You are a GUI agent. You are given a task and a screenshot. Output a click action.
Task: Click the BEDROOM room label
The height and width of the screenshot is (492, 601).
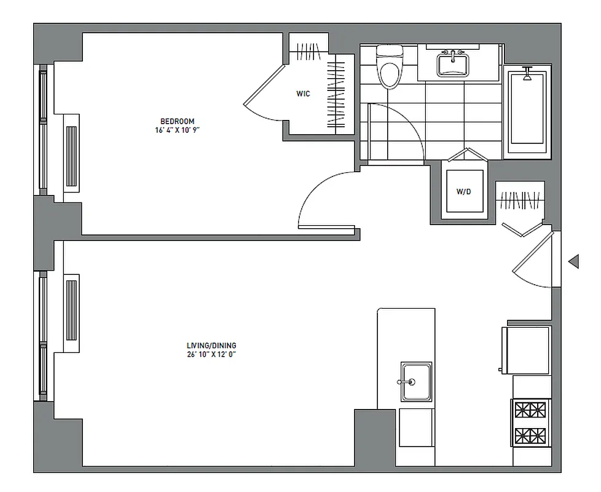coord(178,121)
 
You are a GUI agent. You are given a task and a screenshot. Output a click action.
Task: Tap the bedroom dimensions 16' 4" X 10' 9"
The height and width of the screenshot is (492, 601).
coord(178,130)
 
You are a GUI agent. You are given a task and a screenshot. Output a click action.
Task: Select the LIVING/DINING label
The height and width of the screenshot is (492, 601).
coord(211,346)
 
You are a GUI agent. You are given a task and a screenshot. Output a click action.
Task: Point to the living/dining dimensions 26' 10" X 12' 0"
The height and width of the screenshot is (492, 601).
coord(211,355)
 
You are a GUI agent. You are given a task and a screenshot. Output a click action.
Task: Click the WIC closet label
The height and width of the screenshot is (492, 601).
coord(303,94)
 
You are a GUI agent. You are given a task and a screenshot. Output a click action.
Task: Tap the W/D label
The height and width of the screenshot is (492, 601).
coord(463,192)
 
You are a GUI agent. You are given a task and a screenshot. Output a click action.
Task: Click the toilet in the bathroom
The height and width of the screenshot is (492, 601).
coord(388,68)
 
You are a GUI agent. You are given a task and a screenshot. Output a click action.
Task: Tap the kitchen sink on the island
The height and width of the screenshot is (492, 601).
coord(416,381)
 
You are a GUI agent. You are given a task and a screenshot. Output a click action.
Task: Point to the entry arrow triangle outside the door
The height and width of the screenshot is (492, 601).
coord(574,261)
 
